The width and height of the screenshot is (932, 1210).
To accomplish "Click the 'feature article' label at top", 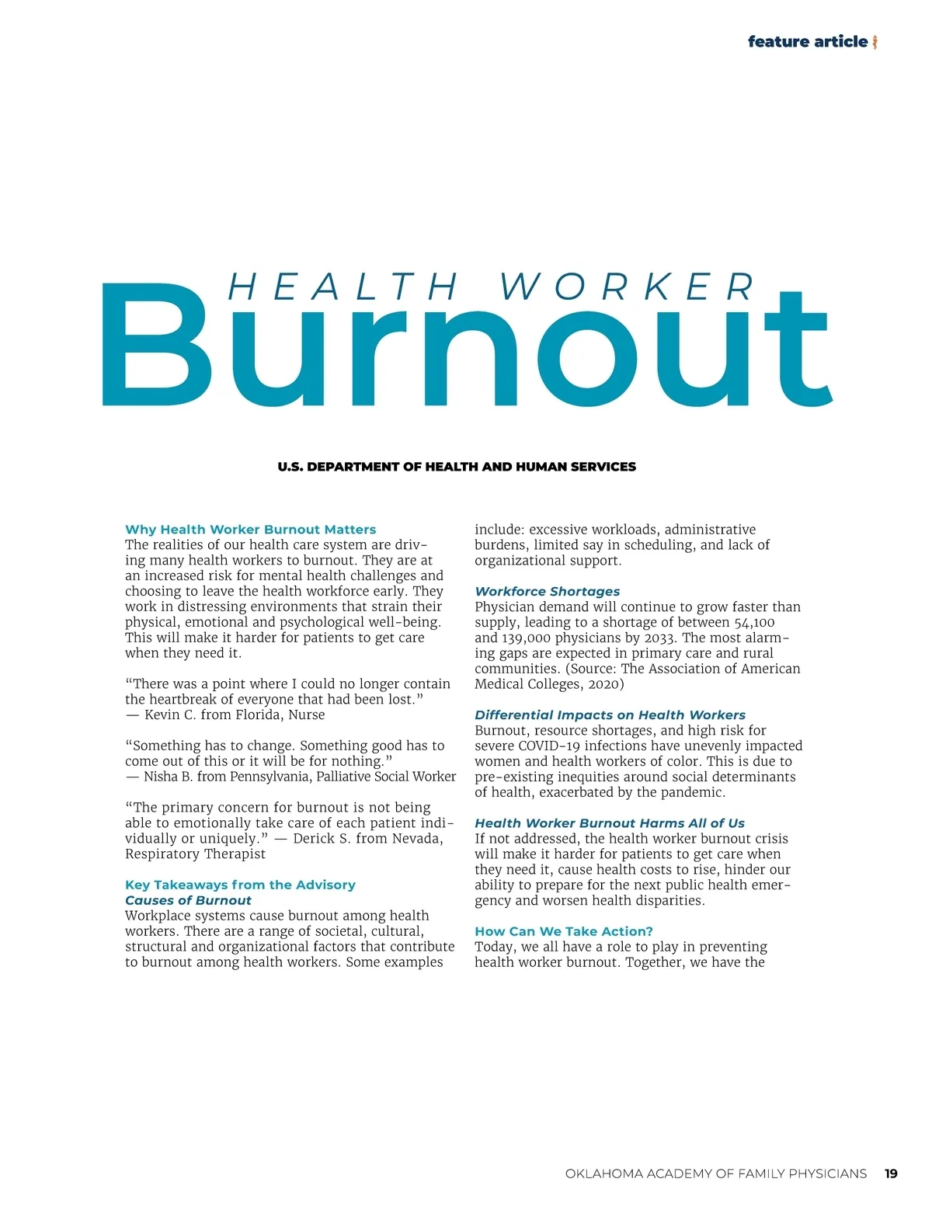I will click(x=807, y=42).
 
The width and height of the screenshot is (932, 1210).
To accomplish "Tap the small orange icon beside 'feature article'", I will click(x=875, y=42).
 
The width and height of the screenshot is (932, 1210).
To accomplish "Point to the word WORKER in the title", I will click(x=627, y=287).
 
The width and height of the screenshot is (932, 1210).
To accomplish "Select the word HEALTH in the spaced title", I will click(x=343, y=287).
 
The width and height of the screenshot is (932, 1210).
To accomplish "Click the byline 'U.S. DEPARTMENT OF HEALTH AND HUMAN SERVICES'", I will click(x=457, y=467).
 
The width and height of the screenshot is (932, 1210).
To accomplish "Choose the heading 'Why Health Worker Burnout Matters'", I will click(x=250, y=530).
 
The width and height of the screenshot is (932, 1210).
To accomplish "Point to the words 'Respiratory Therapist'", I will click(x=195, y=854).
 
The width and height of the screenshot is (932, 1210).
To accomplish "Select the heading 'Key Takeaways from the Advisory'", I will click(x=240, y=885).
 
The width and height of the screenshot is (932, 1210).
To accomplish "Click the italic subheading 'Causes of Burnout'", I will click(x=188, y=900).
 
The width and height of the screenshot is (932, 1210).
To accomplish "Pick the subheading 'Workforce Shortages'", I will click(x=547, y=591).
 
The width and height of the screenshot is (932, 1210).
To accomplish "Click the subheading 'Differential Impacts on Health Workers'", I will click(x=610, y=715).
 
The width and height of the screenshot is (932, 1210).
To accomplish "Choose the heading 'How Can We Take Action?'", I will click(x=563, y=931).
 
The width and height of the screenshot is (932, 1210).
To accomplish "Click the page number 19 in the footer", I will click(x=891, y=1173).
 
